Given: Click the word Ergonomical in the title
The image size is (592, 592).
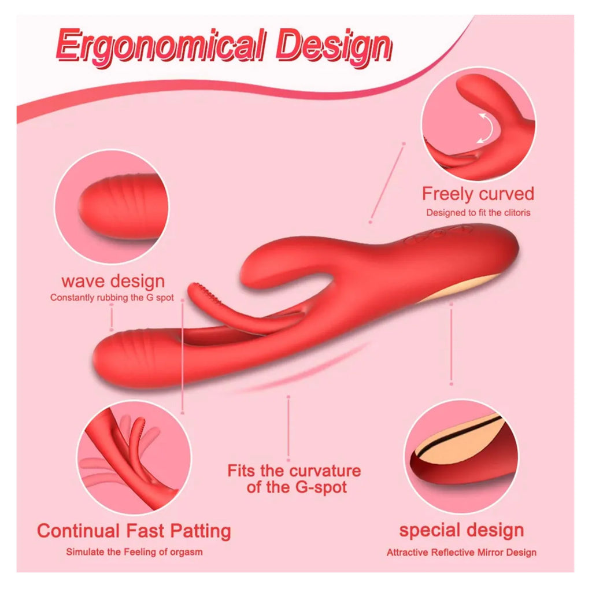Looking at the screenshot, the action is pyautogui.click(x=160, y=45).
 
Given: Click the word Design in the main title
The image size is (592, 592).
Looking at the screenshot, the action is pyautogui.click(x=334, y=48).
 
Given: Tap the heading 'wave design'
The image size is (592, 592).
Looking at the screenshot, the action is pyautogui.click(x=113, y=282).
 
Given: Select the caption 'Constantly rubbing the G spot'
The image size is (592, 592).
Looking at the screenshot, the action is pyautogui.click(x=112, y=298).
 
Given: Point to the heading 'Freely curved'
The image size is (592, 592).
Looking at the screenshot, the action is pyautogui.click(x=478, y=194).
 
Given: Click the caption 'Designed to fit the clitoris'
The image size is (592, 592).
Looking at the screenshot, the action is pyautogui.click(x=478, y=213).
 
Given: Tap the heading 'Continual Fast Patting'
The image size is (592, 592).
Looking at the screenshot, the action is pyautogui.click(x=134, y=531).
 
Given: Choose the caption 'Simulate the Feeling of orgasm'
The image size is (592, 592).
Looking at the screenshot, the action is pyautogui.click(x=134, y=552).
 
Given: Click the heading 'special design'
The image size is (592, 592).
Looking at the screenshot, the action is pyautogui.click(x=461, y=531).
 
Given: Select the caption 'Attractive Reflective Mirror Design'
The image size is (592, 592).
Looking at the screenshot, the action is pyautogui.click(x=461, y=552).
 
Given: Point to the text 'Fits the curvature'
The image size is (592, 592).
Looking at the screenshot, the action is pyautogui.click(x=294, y=471).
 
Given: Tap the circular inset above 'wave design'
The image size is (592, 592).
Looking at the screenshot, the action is pyautogui.click(x=112, y=207).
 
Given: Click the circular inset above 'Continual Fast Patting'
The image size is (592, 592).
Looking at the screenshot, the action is pyautogui.click(x=134, y=458).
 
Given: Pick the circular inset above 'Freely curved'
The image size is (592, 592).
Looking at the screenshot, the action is pyautogui.click(x=478, y=124).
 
